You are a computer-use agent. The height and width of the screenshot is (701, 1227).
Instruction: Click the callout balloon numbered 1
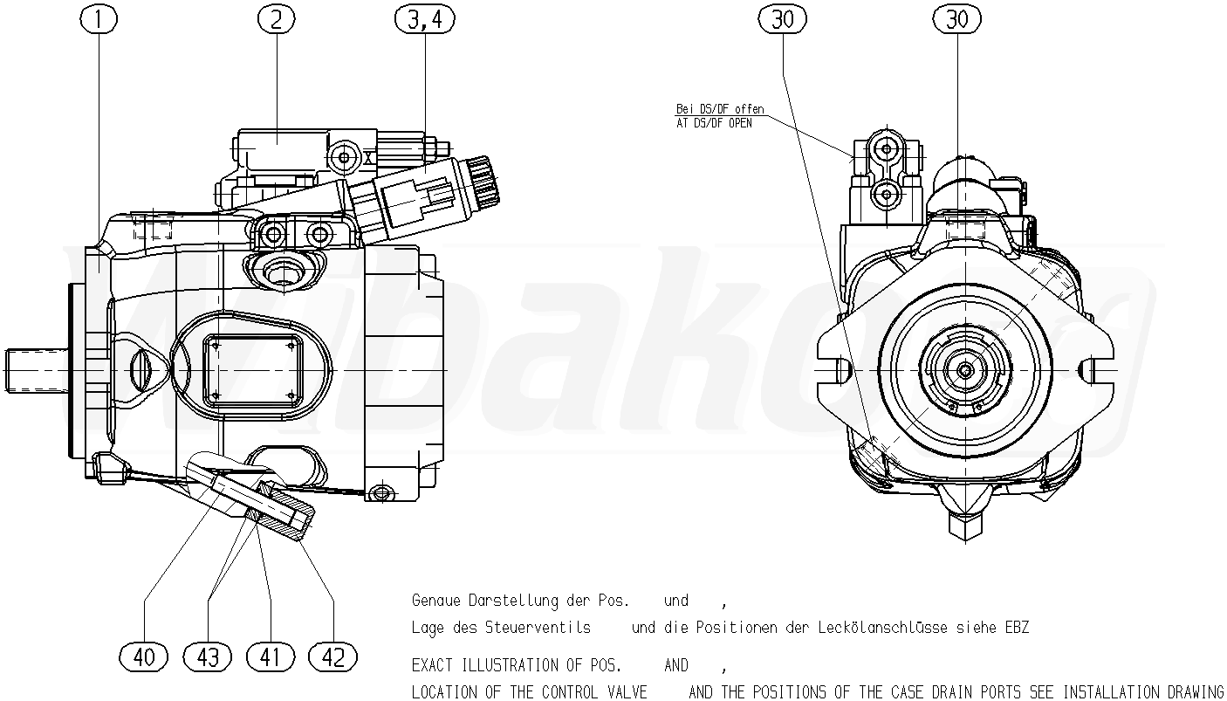99,20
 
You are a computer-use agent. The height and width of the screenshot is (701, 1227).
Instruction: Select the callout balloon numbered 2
276,20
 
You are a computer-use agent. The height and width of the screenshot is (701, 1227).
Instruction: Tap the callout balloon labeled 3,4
425,20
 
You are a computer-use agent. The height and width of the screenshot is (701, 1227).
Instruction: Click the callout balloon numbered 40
144,656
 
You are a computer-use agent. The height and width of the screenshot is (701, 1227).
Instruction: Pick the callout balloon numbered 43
208,656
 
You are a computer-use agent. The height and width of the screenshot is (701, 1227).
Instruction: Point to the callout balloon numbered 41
271,656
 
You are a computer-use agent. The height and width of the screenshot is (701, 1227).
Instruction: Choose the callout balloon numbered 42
333,656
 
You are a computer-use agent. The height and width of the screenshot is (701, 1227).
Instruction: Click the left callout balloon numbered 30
783,20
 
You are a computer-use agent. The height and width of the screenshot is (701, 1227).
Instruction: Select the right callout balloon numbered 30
957,20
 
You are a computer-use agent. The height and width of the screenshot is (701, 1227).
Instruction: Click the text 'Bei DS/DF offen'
720,109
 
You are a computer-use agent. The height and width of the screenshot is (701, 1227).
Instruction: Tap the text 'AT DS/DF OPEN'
714,123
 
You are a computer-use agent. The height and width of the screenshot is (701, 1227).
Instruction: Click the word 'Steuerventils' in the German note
538,627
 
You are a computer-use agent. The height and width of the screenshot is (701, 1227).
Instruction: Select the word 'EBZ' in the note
1017,627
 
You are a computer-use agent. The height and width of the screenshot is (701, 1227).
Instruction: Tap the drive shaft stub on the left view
37,370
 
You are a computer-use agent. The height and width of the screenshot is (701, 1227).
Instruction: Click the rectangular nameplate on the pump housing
253,370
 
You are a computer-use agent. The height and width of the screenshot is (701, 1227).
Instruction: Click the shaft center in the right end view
965,370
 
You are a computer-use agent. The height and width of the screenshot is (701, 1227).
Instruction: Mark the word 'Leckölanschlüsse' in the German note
883,627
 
